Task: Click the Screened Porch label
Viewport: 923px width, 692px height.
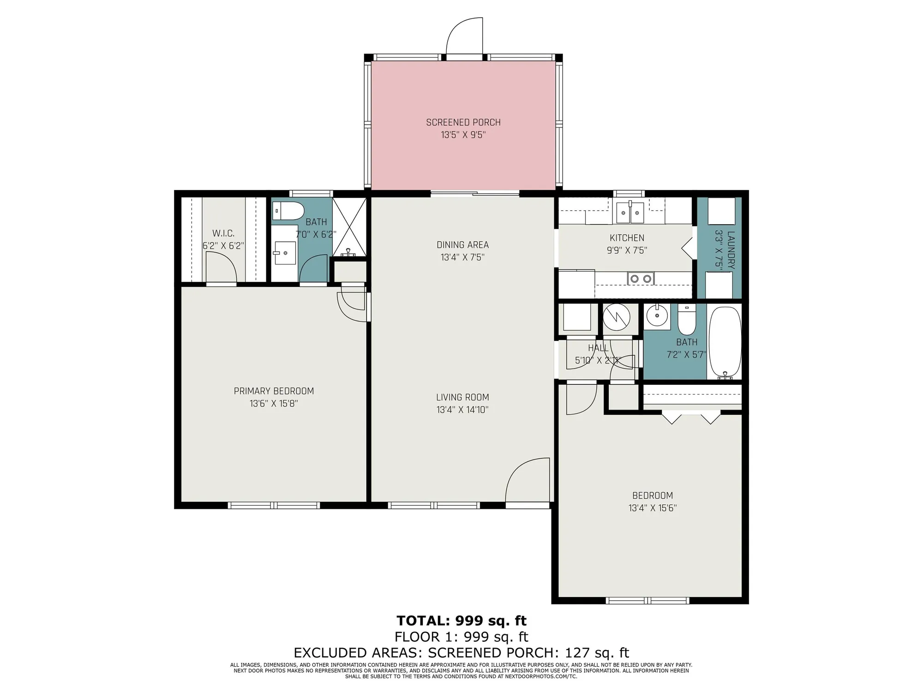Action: (463, 122)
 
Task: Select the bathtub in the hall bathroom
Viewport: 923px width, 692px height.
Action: (725, 342)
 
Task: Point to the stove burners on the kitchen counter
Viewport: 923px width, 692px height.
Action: (641, 279)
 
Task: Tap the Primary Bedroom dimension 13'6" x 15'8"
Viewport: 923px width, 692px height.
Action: (274, 404)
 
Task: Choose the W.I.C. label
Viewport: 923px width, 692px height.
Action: (223, 233)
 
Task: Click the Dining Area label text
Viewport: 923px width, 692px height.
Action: (462, 245)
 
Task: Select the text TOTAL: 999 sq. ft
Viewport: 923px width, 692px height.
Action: (461, 620)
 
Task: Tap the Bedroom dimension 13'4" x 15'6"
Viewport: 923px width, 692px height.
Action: (652, 508)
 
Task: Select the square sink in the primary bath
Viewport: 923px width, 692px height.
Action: (285, 252)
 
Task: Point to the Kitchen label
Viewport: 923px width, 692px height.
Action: (627, 238)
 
